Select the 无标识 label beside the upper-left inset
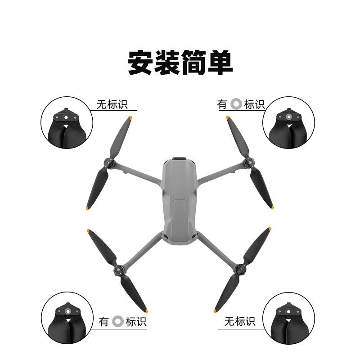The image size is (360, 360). pyautogui.click(x=112, y=104)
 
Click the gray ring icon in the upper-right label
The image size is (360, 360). pyautogui.click(x=236, y=104)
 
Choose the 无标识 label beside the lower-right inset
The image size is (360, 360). pyautogui.click(x=240, y=321)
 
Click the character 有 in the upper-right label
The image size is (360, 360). pyautogui.click(x=223, y=104)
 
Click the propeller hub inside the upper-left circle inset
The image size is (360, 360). pyautogui.click(x=66, y=117)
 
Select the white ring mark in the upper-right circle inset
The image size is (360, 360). pyautogui.click(x=288, y=117)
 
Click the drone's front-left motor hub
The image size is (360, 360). pyautogui.click(x=109, y=164)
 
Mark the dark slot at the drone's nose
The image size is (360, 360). pyautogui.click(x=180, y=158)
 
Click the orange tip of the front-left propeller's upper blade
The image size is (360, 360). pyautogui.click(x=130, y=118)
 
